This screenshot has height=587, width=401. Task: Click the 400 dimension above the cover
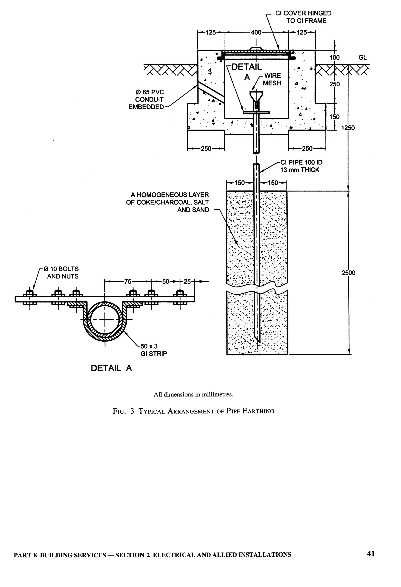pyautogui.click(x=256, y=32)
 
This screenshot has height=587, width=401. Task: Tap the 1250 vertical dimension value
pyautogui.click(x=348, y=128)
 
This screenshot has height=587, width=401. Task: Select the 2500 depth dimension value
pyautogui.click(x=348, y=273)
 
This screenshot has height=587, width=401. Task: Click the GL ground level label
pyautogui.click(x=362, y=58)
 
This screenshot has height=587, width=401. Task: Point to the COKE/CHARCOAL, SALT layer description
pyautogui.click(x=168, y=202)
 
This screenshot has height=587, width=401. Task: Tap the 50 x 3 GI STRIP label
pyautogui.click(x=154, y=350)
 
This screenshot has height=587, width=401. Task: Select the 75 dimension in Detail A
pyautogui.click(x=128, y=281)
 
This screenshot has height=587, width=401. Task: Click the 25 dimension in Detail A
pyautogui.click(x=187, y=281)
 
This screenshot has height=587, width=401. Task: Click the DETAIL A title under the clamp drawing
pyautogui.click(x=111, y=368)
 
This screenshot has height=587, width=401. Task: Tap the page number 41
pyautogui.click(x=370, y=553)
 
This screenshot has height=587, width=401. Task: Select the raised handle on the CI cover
pyautogui.click(x=256, y=48)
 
